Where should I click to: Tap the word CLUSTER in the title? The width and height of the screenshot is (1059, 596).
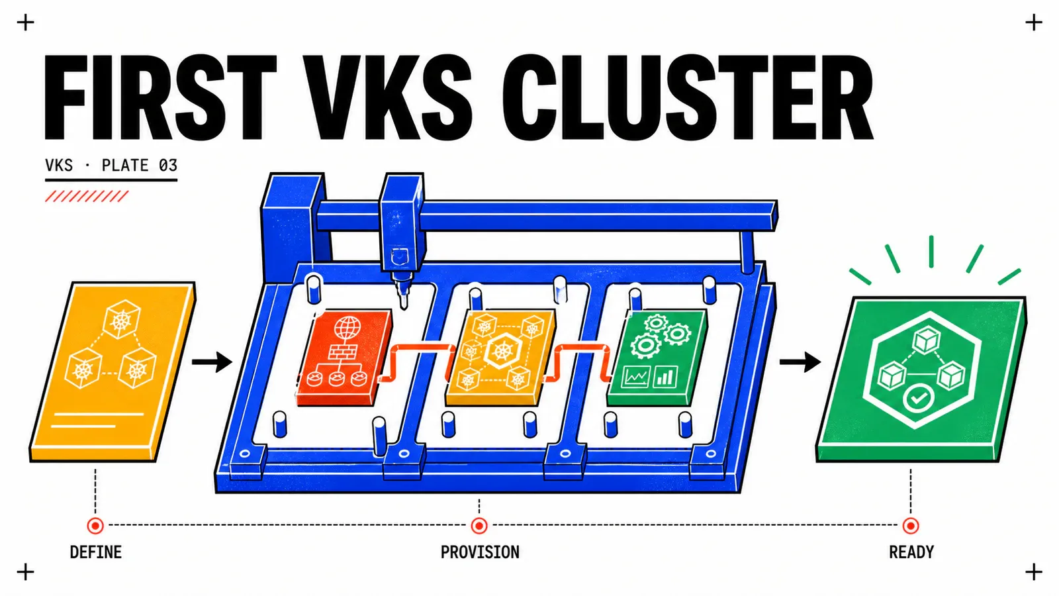pos(688,97)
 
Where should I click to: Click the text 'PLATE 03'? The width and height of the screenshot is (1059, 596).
pos(140,165)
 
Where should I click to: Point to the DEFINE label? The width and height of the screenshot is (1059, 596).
pos(95,552)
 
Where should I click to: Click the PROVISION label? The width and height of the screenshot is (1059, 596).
pos(480,552)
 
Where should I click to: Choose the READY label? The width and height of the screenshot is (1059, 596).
pos(911,552)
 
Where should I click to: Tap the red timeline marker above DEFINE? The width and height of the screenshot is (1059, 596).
pos(95,526)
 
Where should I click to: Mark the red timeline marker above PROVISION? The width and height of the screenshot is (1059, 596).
pos(479,526)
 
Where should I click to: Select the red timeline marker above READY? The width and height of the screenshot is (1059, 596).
pos(911,526)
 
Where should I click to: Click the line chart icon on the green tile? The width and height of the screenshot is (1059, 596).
pos(636,377)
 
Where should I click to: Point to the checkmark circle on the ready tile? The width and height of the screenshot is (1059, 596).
pos(918,398)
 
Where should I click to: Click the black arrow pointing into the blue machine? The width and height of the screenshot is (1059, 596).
pos(212,362)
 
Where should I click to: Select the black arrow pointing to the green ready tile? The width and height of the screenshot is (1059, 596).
pos(800,362)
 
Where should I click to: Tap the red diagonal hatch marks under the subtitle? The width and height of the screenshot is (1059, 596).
pos(87,196)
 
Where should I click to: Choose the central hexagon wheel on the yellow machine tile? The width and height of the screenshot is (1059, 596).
pos(502,351)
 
